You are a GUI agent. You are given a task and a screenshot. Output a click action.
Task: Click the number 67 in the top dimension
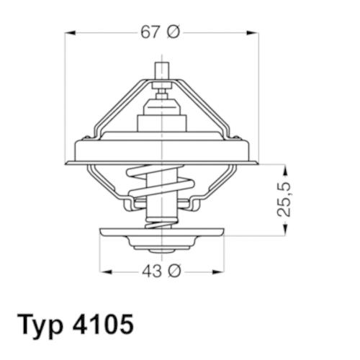point(150,32)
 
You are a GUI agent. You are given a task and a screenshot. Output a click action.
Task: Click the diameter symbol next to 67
point(174,32)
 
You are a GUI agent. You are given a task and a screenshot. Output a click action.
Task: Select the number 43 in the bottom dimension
point(152,271)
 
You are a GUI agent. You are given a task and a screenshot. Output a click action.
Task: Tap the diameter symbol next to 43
point(174,271)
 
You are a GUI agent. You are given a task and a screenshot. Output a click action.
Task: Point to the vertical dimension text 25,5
point(284,199)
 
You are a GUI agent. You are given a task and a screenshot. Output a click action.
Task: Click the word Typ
point(40,325)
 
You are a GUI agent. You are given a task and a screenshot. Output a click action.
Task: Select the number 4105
point(102,324)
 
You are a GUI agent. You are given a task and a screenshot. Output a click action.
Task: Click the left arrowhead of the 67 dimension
point(71,32)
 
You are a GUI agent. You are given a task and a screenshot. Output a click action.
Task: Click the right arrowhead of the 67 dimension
point(253,32)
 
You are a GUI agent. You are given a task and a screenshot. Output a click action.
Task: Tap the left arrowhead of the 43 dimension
point(105,271)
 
